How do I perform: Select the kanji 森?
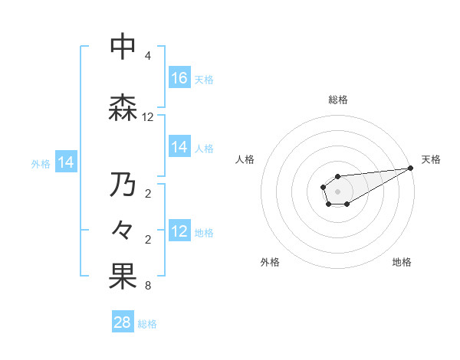point(123,108)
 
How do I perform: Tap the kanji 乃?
point(123,185)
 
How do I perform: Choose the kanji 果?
point(123,277)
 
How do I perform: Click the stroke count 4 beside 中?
point(148,56)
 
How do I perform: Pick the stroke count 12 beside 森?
point(148,117)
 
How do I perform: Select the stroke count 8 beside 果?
point(148,286)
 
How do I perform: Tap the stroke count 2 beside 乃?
point(148,194)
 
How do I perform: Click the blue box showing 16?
point(179,78)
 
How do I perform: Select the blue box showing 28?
point(123,322)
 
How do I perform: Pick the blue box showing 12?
point(179,231)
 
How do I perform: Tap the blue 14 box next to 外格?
point(66,162)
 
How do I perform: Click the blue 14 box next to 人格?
point(179,147)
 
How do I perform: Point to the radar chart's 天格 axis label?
point(431,159)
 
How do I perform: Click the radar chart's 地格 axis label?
point(402,262)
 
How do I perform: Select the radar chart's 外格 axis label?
point(270,262)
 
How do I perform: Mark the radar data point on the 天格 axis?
point(412,168)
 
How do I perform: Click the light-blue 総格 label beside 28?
point(147,323)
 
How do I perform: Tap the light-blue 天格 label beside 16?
point(204,79)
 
